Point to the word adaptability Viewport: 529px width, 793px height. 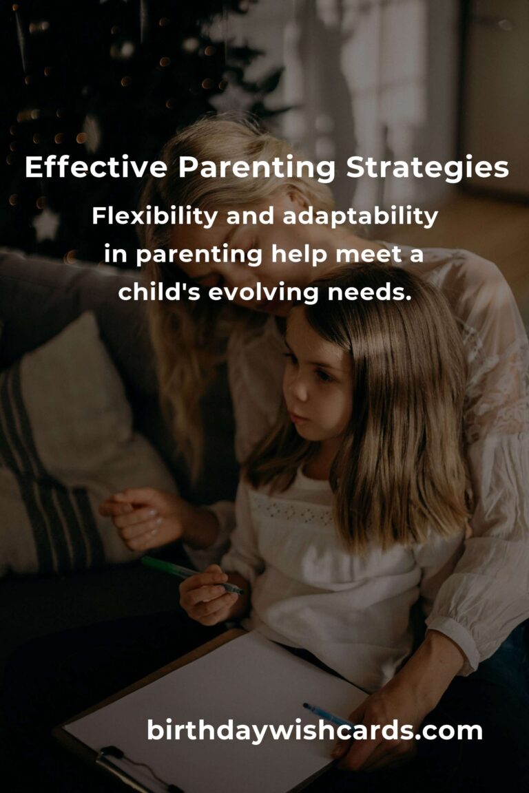pyautogui.click(x=360, y=217)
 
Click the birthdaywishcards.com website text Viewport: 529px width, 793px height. pyautogui.click(x=314, y=730)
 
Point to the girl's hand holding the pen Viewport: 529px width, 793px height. pyautogui.click(x=207, y=592)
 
